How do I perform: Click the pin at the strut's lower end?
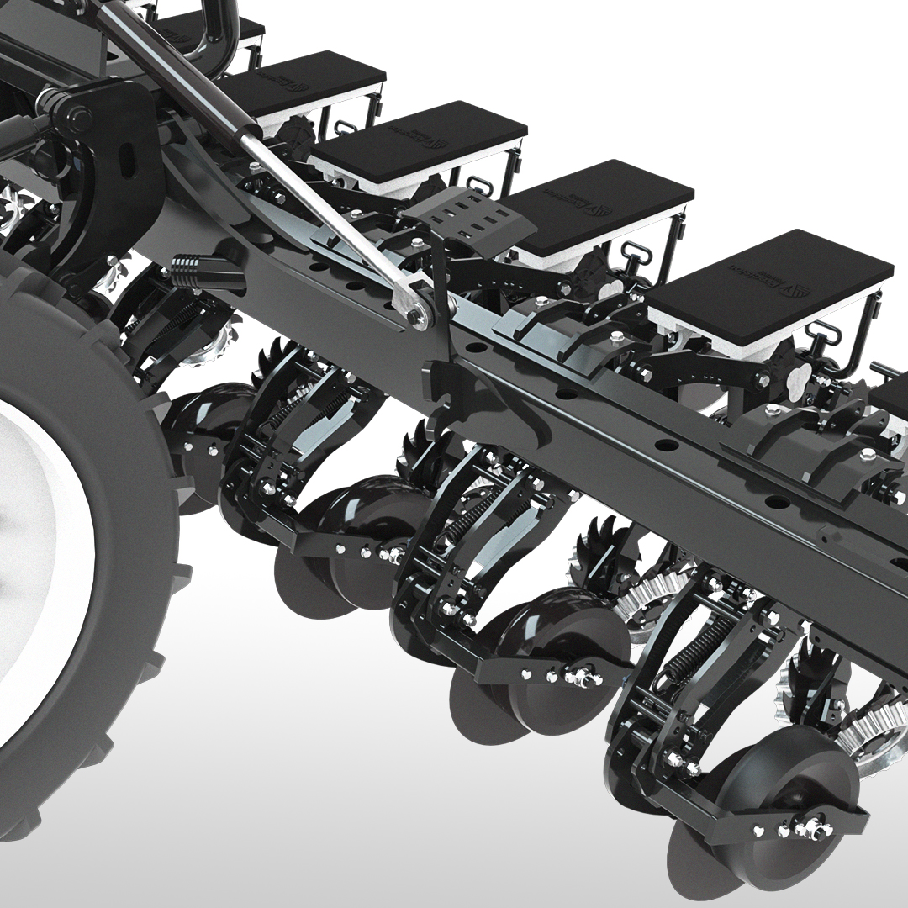click(415, 315)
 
